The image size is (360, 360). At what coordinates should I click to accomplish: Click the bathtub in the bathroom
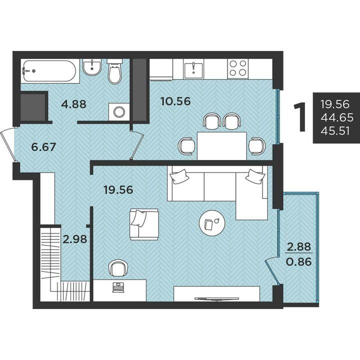tap(49, 71)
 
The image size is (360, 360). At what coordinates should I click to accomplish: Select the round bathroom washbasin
tap(92, 67)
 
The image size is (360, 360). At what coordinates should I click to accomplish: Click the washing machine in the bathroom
tap(119, 112)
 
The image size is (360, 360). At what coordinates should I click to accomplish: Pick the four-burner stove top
tap(238, 68)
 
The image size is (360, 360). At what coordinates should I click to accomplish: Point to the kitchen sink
tap(193, 68)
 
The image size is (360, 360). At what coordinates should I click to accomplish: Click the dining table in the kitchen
tap(222, 145)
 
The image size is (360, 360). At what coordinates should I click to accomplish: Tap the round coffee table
tap(212, 223)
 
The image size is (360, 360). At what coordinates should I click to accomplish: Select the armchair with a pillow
tap(144, 224)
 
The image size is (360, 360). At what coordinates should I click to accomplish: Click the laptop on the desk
tap(118, 287)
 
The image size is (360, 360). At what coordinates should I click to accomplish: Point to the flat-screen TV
tap(216, 298)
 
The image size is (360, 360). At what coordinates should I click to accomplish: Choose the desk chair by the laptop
tap(118, 268)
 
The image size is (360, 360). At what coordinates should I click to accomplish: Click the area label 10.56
tap(175, 101)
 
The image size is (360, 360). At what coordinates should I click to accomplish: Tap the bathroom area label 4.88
tap(73, 104)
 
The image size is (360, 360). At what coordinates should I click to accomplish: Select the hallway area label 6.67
tap(43, 147)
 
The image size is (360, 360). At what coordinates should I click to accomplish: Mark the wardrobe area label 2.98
tap(75, 239)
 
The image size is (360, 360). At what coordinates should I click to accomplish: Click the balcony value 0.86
tap(299, 261)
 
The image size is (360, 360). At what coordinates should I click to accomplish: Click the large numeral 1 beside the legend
tap(300, 117)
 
